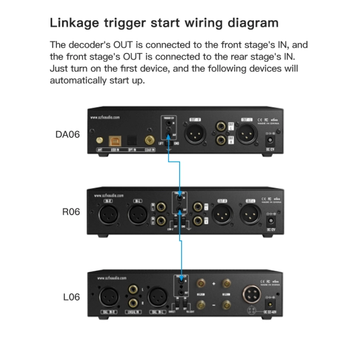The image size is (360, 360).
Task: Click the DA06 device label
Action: pos(67,135)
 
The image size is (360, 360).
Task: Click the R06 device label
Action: pos(71,212)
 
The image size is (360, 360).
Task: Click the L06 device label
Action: pos(71,297)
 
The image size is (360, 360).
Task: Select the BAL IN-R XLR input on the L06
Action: pos(109,297)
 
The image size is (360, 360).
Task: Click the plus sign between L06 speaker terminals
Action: pos(213,284)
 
